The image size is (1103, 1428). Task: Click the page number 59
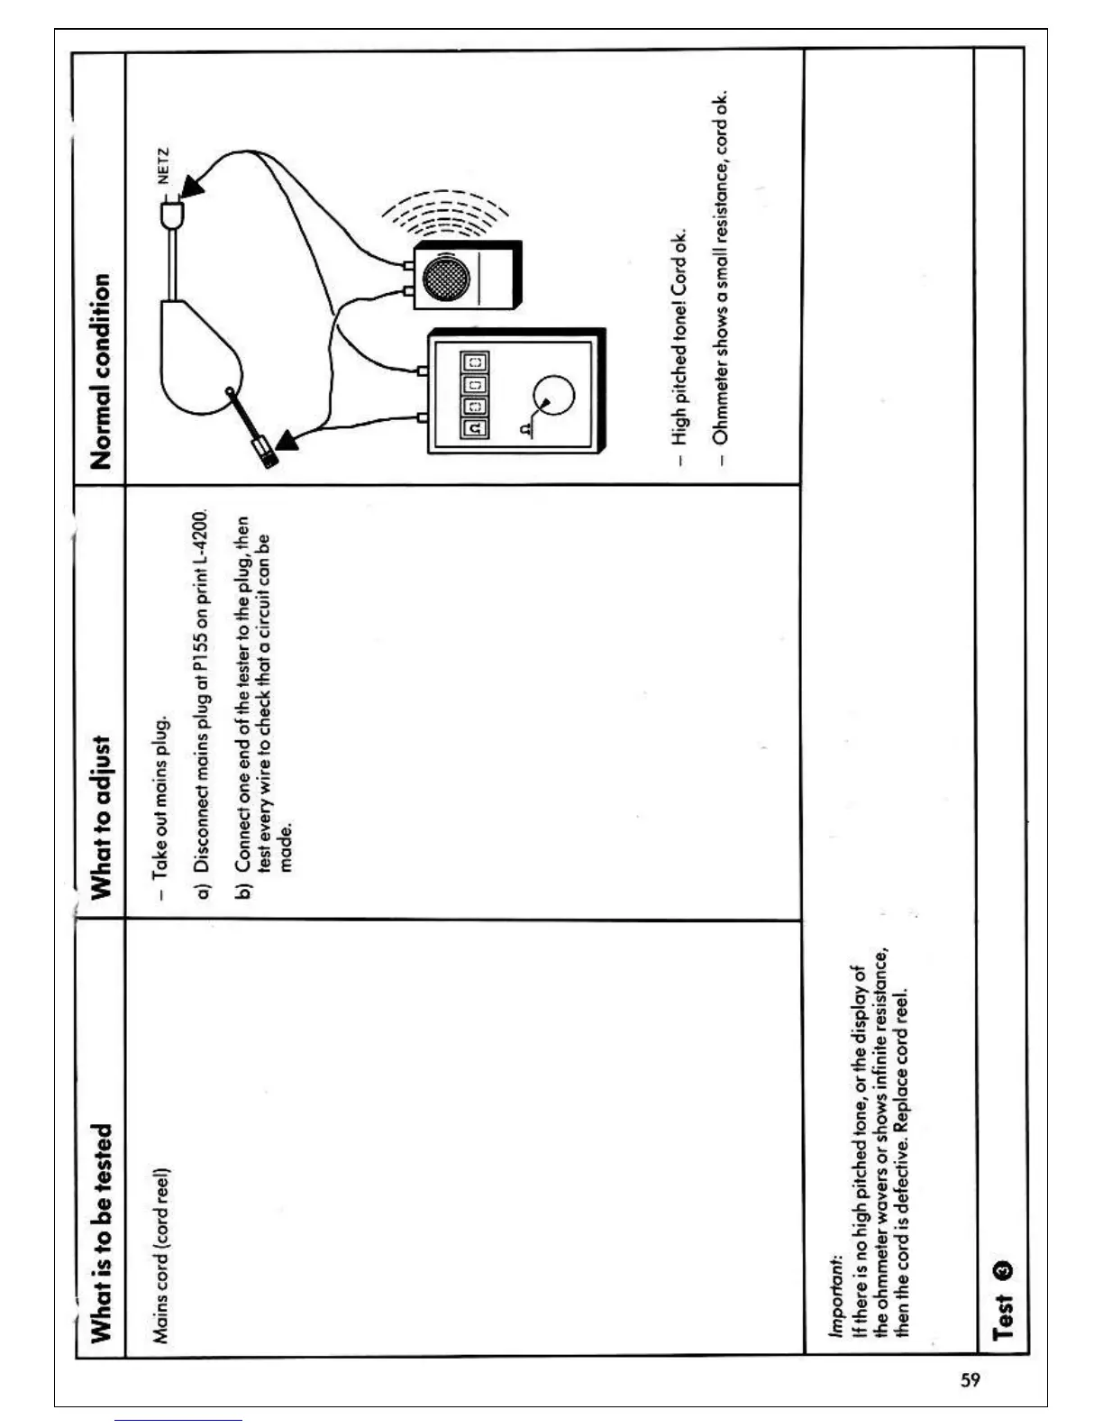click(x=970, y=1379)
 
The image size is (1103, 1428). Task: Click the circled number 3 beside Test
click(x=1002, y=1270)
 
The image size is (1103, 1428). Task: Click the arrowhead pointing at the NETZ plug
click(x=192, y=187)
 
